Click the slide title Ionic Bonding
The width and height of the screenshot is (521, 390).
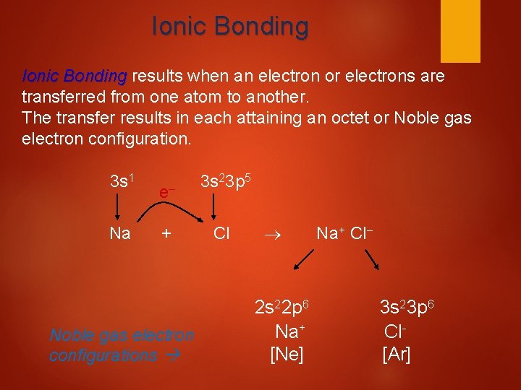(x=230, y=27)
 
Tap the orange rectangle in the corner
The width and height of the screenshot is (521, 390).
(x=461, y=30)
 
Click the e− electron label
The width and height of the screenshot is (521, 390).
(x=167, y=192)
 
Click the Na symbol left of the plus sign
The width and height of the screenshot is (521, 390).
(x=119, y=233)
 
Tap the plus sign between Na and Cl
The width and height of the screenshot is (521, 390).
(x=166, y=233)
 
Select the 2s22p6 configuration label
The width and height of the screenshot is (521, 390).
(x=284, y=306)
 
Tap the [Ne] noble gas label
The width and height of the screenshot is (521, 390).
(x=287, y=355)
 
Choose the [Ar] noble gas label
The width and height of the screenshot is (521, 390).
(x=396, y=355)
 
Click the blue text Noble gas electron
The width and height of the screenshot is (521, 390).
(x=122, y=335)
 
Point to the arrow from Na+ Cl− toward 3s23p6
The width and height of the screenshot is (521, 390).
(x=373, y=259)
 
